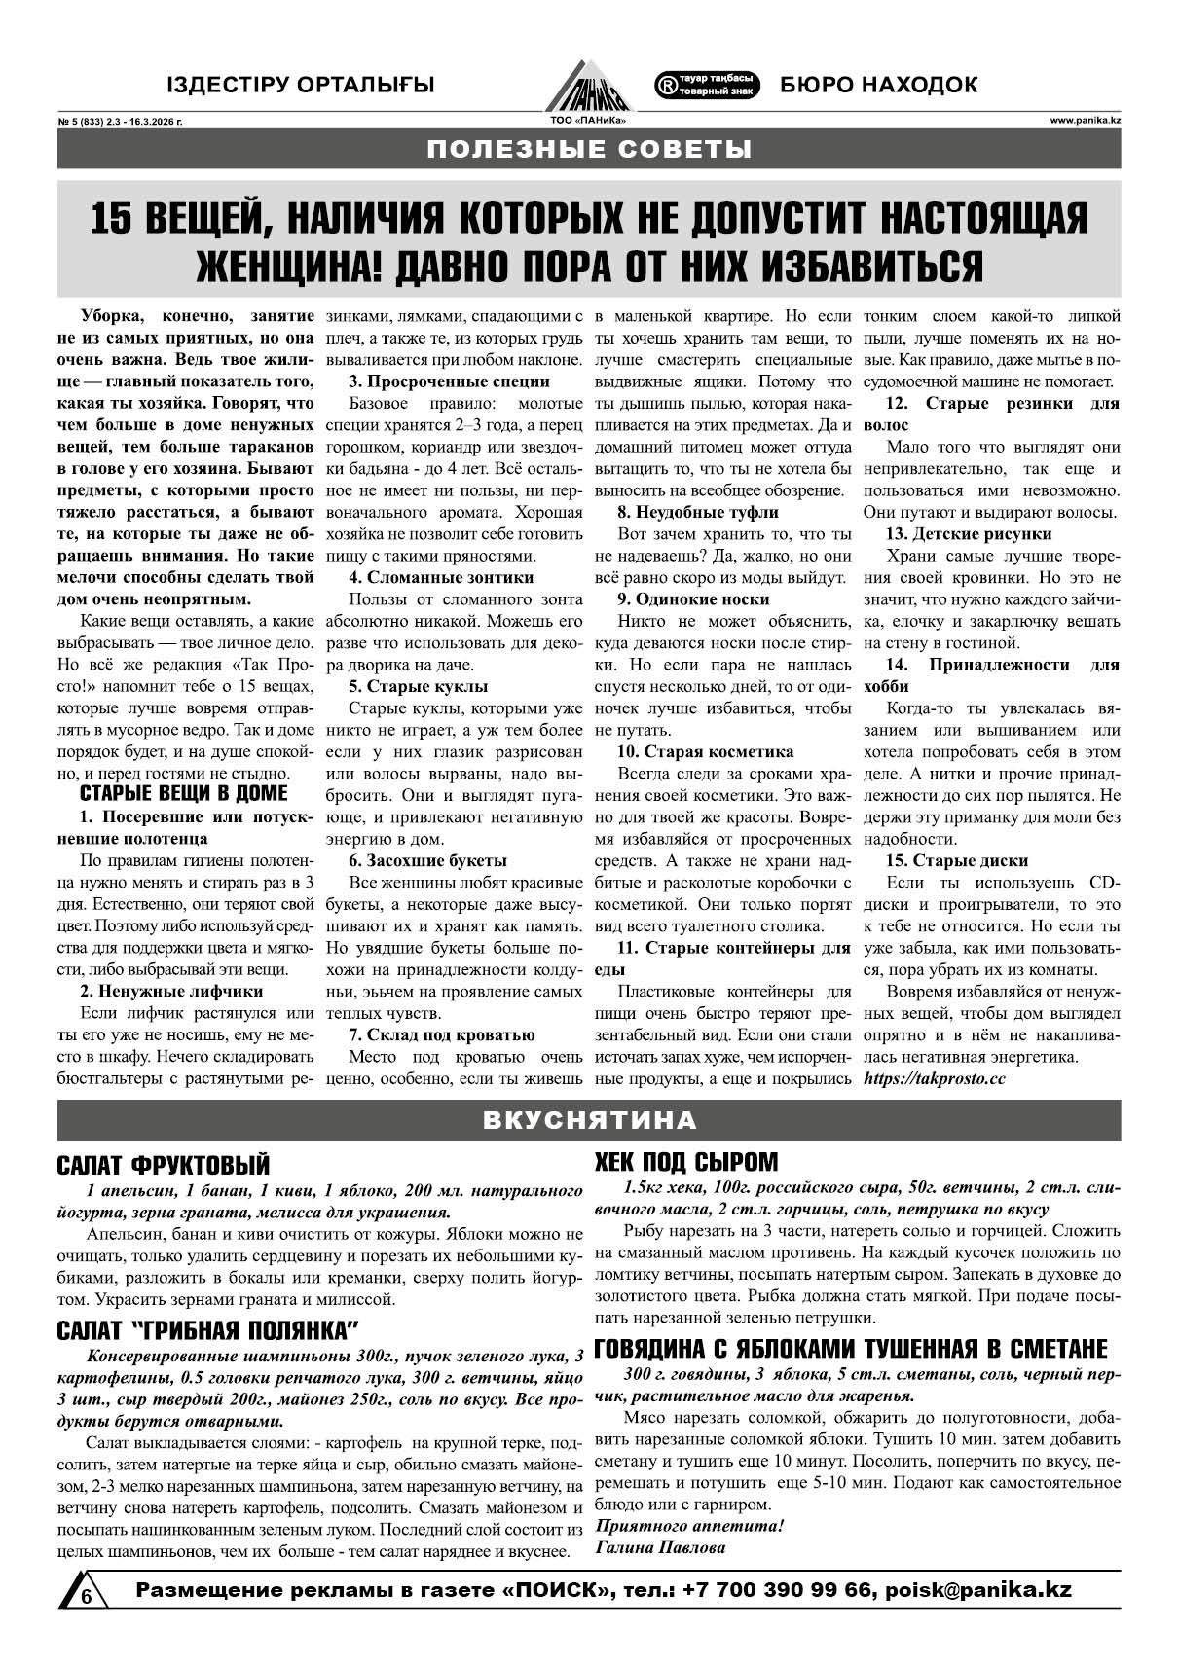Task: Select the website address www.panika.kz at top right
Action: pyautogui.click(x=1085, y=121)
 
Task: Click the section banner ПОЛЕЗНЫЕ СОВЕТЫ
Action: pyautogui.click(x=589, y=150)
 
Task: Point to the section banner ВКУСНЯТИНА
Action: pyautogui.click(x=589, y=1120)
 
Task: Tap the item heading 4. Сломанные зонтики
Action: pyautogui.click(x=441, y=577)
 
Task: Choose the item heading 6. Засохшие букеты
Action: pyautogui.click(x=427, y=860)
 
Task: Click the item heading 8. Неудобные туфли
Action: pyautogui.click(x=697, y=512)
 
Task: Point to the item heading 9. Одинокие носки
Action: pyautogui.click(x=693, y=599)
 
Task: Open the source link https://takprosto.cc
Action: pyautogui.click(x=934, y=1078)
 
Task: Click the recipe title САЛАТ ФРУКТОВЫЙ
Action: pyautogui.click(x=163, y=1165)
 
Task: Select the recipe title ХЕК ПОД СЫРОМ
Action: pyautogui.click(x=686, y=1162)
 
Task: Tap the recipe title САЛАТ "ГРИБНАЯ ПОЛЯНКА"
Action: pyautogui.click(x=208, y=1330)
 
